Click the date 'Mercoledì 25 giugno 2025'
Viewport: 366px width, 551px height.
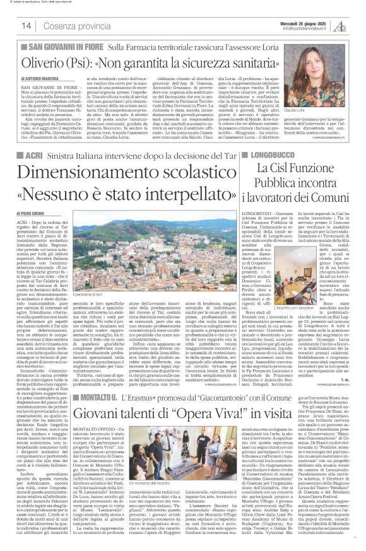click(x=316, y=22)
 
